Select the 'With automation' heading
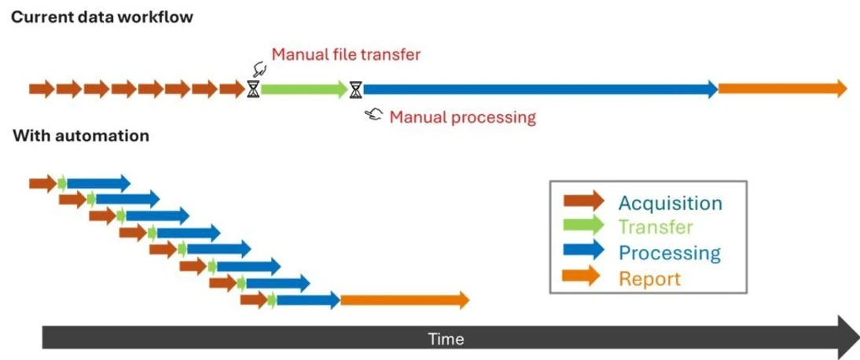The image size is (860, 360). click(81, 136)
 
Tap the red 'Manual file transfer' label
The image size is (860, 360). click(346, 55)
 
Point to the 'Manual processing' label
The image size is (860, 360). click(462, 118)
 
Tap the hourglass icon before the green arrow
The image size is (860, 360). click(252, 89)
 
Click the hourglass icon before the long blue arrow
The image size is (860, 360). click(356, 89)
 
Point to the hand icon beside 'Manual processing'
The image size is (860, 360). click(374, 116)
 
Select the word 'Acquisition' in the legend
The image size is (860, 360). click(670, 203)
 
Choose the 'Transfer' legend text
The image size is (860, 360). click(655, 228)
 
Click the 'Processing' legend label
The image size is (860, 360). click(669, 253)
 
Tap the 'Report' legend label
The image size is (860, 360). click(649, 278)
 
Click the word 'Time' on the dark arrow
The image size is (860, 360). click(446, 340)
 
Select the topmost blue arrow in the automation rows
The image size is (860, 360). click(98, 183)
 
